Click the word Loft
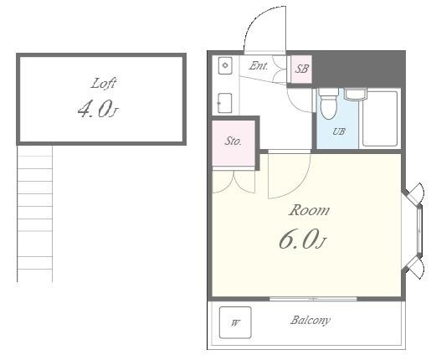[x=103, y=84]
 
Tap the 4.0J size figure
[x=98, y=109]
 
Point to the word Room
[x=309, y=210]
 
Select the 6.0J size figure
[x=303, y=239]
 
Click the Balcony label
[x=310, y=321]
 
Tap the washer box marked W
[x=235, y=322]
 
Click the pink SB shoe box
[x=301, y=69]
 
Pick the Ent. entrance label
[x=259, y=66]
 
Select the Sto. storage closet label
[x=233, y=141]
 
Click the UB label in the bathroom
[x=339, y=131]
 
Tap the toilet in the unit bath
[x=329, y=103]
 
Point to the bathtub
[x=380, y=118]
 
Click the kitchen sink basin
[x=225, y=65]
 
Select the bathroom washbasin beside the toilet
[x=355, y=95]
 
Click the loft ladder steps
[x=35, y=213]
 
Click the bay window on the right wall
[x=415, y=230]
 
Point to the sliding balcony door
[x=313, y=299]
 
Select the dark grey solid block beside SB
[x=358, y=69]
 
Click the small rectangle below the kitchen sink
[x=225, y=103]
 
